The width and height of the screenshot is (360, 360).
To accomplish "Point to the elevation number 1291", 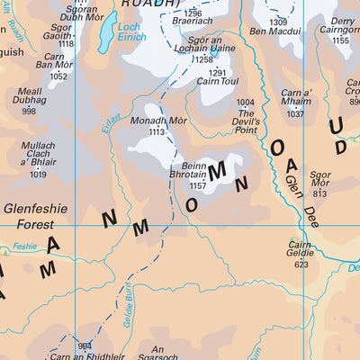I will point(218,72).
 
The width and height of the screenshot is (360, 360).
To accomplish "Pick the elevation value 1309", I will point(279,22).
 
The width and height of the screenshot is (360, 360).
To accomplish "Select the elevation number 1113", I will point(157,131).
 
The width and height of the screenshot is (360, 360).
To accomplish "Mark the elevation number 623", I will point(301,265).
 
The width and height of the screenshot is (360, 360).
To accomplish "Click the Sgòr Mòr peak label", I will point(319,179).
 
